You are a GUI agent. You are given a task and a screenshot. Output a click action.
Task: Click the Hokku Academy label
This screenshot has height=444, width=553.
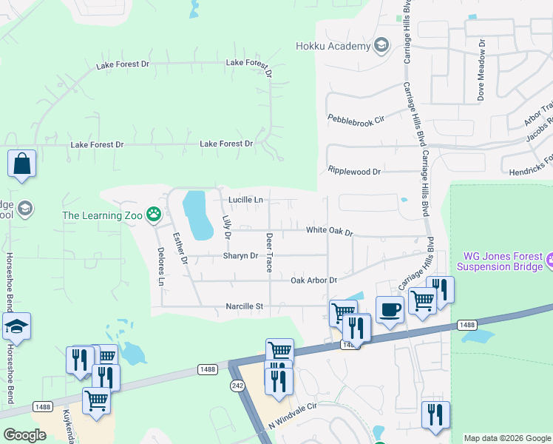333,47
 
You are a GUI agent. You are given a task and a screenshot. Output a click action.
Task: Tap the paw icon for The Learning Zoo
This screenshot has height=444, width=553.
154,215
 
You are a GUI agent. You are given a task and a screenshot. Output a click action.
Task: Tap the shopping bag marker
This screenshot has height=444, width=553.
21,163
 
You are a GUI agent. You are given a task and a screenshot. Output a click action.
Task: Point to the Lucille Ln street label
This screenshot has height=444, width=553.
245,200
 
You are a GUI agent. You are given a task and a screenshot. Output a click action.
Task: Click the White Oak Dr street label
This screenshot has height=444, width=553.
330,231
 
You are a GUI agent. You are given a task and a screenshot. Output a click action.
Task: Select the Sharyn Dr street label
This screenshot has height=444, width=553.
240,256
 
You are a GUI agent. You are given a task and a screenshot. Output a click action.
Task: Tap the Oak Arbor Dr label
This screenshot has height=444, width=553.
313,280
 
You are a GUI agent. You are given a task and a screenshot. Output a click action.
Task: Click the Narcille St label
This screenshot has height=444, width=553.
245,306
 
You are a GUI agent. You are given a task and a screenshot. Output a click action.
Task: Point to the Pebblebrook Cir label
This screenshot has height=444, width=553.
357,118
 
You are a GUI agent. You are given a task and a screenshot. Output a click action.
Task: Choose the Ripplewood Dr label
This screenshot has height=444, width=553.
354,171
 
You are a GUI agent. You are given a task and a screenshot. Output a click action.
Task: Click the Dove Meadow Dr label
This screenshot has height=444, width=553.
481,70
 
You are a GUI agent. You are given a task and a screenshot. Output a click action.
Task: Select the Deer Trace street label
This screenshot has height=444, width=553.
269,252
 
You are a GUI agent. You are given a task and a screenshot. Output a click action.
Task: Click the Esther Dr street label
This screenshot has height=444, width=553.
181,249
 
